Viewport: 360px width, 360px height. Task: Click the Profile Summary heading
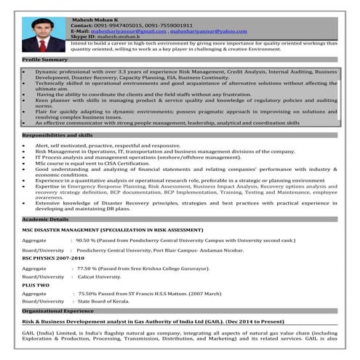[45, 59]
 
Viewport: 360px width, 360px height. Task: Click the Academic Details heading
[45, 218]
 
